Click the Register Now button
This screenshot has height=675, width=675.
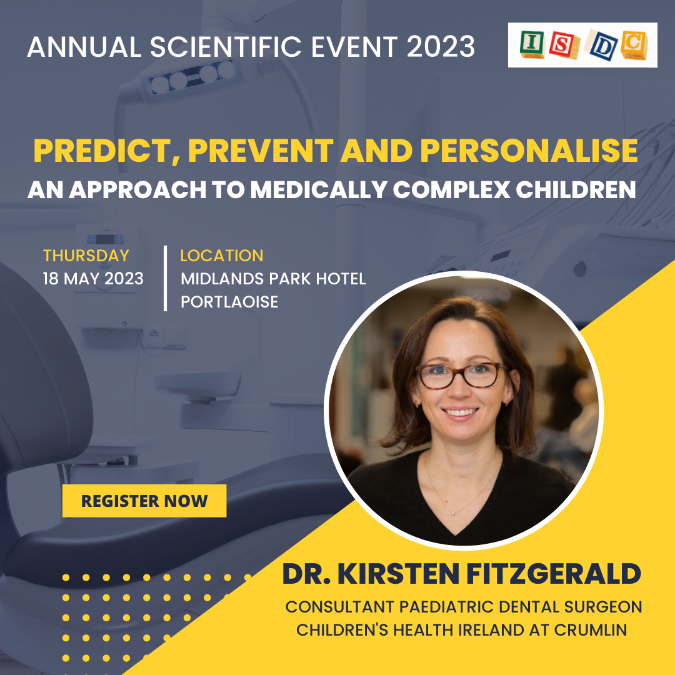point(144,501)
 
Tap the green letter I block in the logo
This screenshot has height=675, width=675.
point(532,44)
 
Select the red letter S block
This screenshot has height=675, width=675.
point(564,45)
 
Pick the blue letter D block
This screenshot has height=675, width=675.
point(602,46)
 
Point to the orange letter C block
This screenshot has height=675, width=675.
point(634,45)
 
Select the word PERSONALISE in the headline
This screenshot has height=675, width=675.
point(529,151)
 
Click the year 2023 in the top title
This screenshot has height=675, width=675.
point(441,46)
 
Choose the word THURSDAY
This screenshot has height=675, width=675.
point(86,256)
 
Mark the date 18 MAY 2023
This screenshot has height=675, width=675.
point(93,279)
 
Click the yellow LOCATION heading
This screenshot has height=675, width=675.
point(222,256)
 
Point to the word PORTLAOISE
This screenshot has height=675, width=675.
point(229,302)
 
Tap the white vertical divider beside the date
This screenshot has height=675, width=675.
point(165,278)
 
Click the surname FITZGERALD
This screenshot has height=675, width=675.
point(554,574)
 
